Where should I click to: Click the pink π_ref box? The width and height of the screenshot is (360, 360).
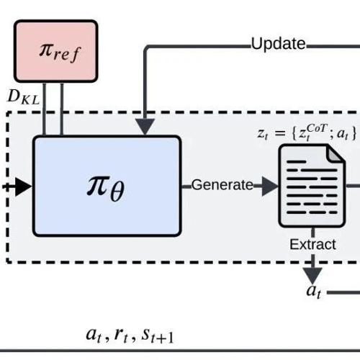[x=56, y=51]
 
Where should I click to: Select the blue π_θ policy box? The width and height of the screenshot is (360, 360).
[x=107, y=186]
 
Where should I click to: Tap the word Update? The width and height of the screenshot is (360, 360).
[x=278, y=44]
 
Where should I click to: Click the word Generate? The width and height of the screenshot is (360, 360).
[x=222, y=185]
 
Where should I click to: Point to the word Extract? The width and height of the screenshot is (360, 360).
[x=312, y=245]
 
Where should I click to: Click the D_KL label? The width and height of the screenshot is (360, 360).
[x=24, y=97]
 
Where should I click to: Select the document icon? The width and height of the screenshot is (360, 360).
[x=312, y=186]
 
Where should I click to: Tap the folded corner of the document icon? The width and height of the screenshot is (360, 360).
[x=336, y=153]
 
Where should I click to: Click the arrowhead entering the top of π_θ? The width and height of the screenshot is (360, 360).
[x=145, y=127]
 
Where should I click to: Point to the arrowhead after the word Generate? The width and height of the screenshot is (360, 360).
[x=270, y=186]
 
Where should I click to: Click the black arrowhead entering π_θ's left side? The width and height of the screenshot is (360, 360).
[x=24, y=186]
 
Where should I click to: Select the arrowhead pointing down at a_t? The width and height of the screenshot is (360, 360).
[x=312, y=276]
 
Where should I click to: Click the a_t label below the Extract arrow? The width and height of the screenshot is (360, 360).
[x=313, y=292]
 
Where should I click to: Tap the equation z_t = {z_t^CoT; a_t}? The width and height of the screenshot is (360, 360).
[x=307, y=132]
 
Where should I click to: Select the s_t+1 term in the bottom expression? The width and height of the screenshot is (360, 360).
[x=157, y=336]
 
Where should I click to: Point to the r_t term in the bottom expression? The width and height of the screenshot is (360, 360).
[x=121, y=336]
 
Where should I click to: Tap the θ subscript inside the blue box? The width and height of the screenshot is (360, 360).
[x=117, y=192]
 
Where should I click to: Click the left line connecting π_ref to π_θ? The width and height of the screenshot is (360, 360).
[x=44, y=109]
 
